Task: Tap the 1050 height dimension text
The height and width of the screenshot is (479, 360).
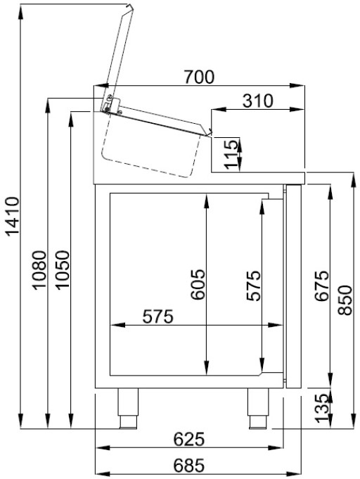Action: coord(61,271)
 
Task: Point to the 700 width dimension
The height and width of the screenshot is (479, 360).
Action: coord(199,77)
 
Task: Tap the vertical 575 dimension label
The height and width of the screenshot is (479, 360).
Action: coord(254,286)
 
